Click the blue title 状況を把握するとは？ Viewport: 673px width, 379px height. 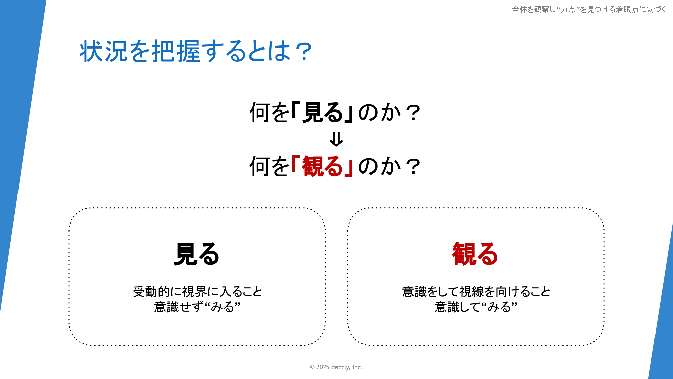pyautogui.click(x=196, y=51)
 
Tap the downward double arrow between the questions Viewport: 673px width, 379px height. pyautogui.click(x=336, y=139)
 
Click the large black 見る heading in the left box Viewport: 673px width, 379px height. pyautogui.click(x=197, y=254)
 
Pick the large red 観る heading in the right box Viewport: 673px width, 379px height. pyautogui.click(x=475, y=254)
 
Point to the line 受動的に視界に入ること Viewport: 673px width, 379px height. pyautogui.click(x=198, y=292)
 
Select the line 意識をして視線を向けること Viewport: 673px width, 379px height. pyautogui.click(x=476, y=292)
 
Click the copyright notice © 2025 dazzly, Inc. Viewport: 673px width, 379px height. pyautogui.click(x=336, y=367)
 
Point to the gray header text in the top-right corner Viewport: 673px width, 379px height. pyautogui.click(x=589, y=9)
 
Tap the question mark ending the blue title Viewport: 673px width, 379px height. pyautogui.click(x=304, y=52)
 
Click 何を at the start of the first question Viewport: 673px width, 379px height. pyautogui.click(x=270, y=112)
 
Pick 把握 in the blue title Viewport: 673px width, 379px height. pyautogui.click(x=176, y=51)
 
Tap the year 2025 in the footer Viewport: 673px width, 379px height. pyautogui.click(x=323, y=367)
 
